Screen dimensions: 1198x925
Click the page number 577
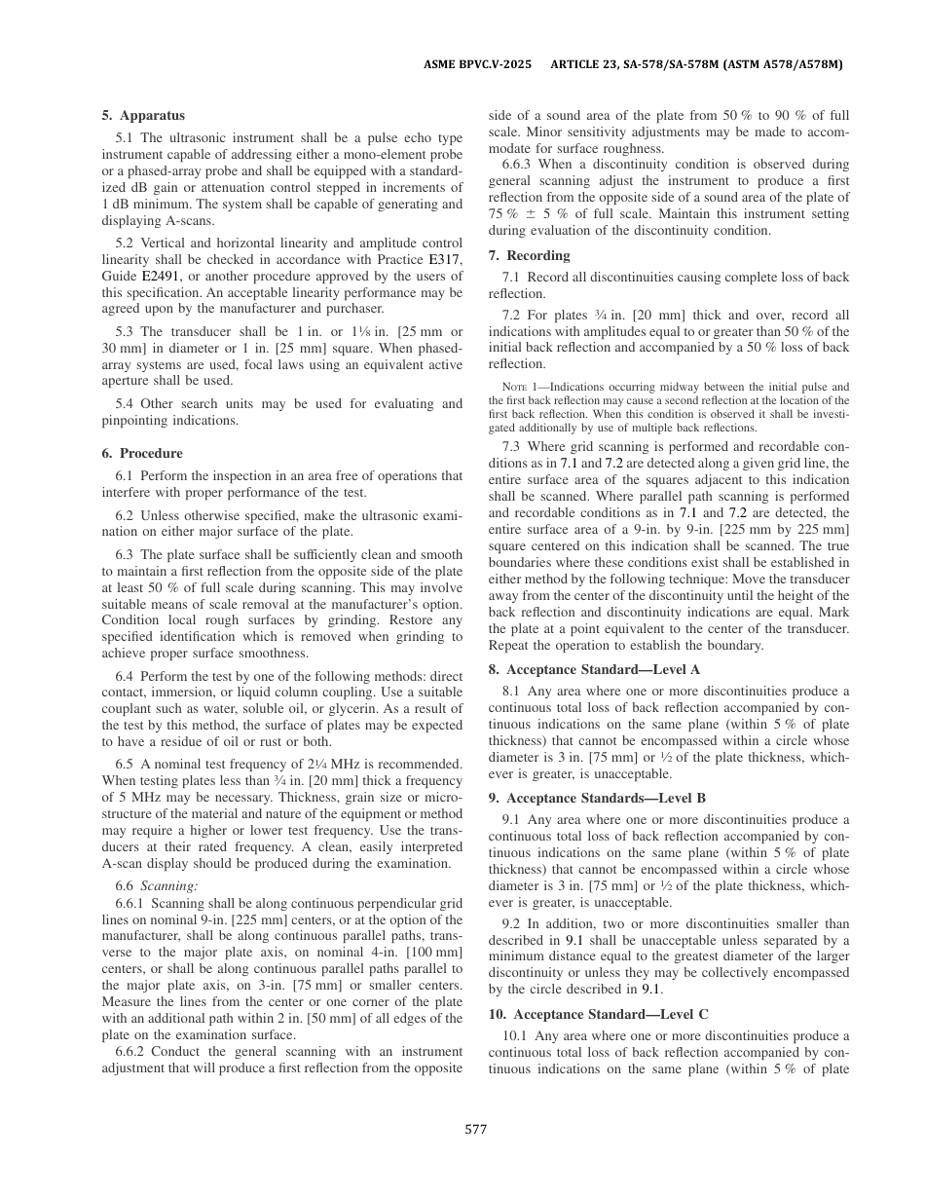(x=475, y=1130)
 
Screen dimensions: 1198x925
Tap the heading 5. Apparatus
(x=143, y=115)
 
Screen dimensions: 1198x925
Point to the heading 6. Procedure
(x=142, y=453)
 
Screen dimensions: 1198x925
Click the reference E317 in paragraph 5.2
(x=444, y=260)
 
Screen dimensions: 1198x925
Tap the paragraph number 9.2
(x=511, y=923)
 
